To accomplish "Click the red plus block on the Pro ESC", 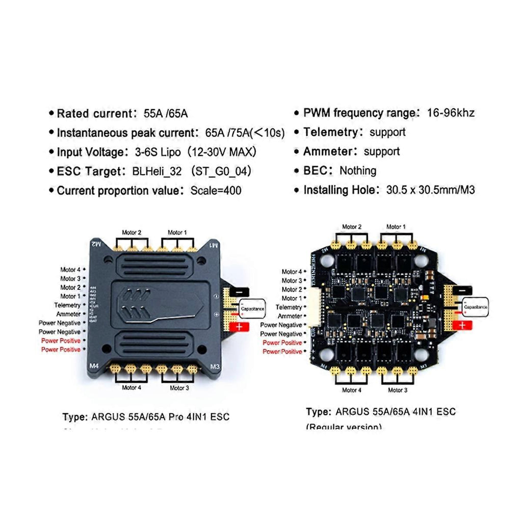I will pyautogui.click(x=239, y=327).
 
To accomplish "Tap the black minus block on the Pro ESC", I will pyautogui.click(x=239, y=291).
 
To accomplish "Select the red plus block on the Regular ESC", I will pyautogui.click(x=462, y=325).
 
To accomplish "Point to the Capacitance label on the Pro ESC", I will pyautogui.click(x=253, y=308).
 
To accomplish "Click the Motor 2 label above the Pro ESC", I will pyautogui.click(x=132, y=232).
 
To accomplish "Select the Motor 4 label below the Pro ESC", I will pyautogui.click(x=132, y=387).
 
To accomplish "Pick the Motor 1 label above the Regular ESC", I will pyautogui.click(x=396, y=226).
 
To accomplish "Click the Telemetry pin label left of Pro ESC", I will pyautogui.click(x=67, y=305).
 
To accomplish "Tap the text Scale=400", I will pyautogui.click(x=216, y=191).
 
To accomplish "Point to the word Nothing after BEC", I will pyautogui.click(x=358, y=171).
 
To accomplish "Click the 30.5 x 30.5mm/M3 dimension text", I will pyautogui.click(x=431, y=190).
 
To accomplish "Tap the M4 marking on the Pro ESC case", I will pyautogui.click(x=94, y=366).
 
